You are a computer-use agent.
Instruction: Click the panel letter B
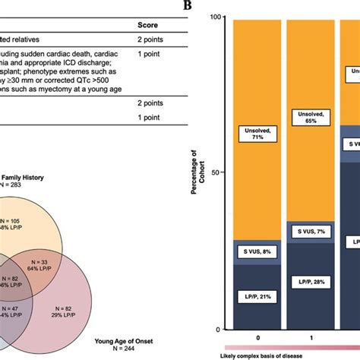point(186,6)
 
